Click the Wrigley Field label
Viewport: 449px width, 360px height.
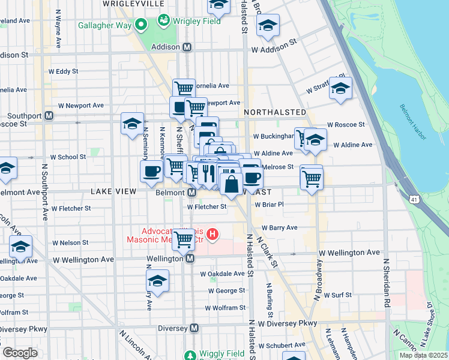[x=197, y=22]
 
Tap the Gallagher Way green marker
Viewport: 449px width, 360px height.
[x=142, y=25]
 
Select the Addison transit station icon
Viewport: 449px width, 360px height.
[x=187, y=47]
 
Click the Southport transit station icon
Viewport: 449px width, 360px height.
[x=49, y=115]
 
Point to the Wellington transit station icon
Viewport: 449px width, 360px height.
[x=190, y=259]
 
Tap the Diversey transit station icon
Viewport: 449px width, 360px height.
[x=194, y=328]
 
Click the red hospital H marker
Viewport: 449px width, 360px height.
[x=211, y=233]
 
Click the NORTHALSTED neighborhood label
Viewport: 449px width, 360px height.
[x=276, y=112]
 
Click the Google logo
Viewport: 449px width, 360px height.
[x=20, y=353]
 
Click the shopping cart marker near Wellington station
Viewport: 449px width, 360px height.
[x=184, y=239]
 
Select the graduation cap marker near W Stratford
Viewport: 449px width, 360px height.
[x=340, y=88]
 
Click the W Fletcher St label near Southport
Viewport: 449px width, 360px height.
[x=71, y=209]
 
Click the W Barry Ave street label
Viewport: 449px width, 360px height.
[x=279, y=228]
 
